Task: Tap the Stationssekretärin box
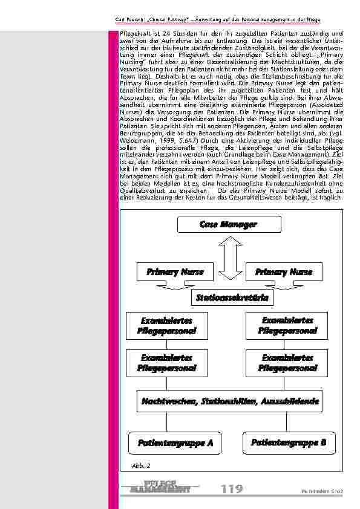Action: pos(232,297)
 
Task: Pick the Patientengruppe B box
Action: pos(289,443)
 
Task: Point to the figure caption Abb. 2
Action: pos(140,465)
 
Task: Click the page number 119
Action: pos(232,488)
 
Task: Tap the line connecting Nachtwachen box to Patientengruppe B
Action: pos(289,421)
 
